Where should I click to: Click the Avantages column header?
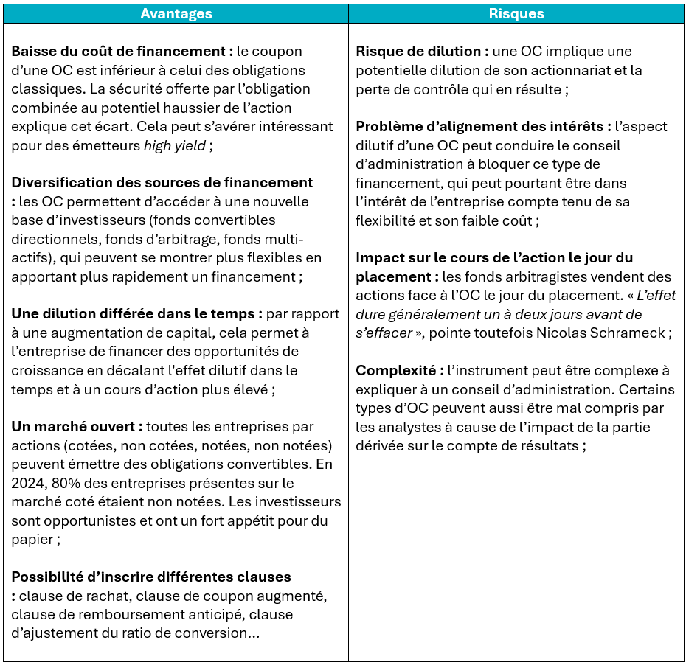176,13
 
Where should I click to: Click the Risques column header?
516,13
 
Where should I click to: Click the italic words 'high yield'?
175,145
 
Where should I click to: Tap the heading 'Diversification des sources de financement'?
162,182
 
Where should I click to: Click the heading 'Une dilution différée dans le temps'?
136,313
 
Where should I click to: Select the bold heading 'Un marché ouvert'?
76,426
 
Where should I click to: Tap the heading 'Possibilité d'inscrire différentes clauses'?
151,577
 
